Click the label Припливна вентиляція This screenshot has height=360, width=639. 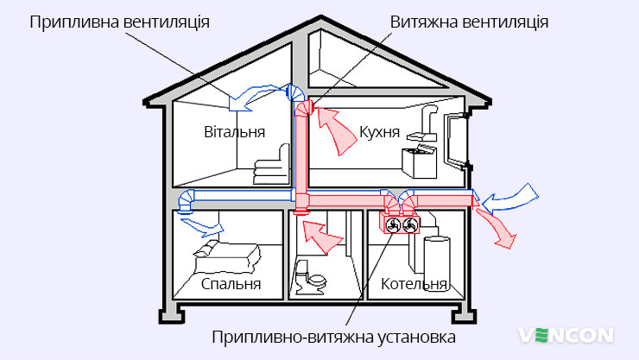tap(119, 22)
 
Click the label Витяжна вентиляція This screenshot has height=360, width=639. tap(469, 22)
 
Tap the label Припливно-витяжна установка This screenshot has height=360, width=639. tap(334, 338)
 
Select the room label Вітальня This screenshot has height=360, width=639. tap(234, 132)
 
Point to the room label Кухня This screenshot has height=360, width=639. tap(379, 132)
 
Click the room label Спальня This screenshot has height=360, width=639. tap(231, 283)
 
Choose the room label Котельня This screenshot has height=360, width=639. tap(414, 283)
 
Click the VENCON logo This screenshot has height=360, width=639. tap(566, 336)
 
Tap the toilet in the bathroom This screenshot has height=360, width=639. tap(311, 278)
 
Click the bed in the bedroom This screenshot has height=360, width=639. tap(226, 256)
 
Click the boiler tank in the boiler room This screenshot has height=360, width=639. tap(437, 263)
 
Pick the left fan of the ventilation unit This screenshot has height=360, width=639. tap(393, 224)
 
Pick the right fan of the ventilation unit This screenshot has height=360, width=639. tap(410, 224)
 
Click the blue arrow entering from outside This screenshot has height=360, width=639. tap(510, 199)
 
